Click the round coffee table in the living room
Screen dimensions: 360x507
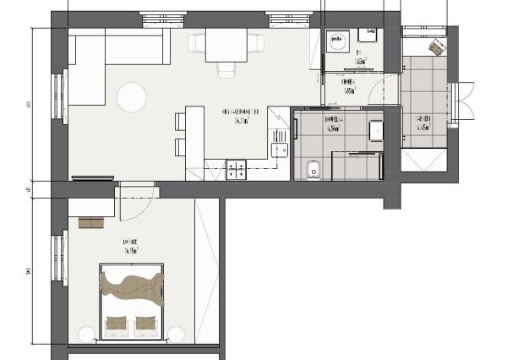click(x=132, y=97)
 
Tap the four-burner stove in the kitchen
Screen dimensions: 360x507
click(x=237, y=169)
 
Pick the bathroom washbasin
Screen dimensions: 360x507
click(x=376, y=132)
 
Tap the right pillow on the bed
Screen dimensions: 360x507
click(x=145, y=323)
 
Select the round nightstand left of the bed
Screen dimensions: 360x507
click(x=85, y=330)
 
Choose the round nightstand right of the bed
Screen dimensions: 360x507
click(x=178, y=330)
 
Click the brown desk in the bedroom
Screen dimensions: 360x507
click(x=90, y=223)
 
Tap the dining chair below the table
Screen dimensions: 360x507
click(x=225, y=69)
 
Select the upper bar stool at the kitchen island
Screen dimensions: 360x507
click(x=178, y=122)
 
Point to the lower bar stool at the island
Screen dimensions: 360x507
click(x=178, y=148)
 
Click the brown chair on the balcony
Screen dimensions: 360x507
click(x=436, y=48)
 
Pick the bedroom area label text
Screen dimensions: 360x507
click(x=130, y=246)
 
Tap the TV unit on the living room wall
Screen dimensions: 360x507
click(x=92, y=178)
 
